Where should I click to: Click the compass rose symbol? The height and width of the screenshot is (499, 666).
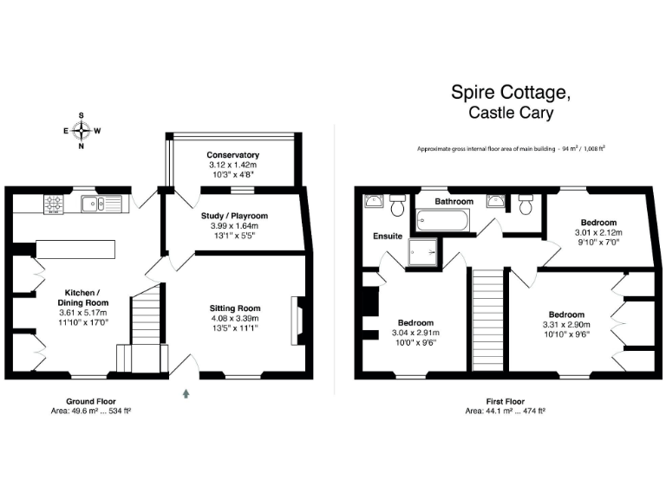82,131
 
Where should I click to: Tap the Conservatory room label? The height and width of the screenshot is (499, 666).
233,154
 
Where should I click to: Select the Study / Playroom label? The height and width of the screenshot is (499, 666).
235,216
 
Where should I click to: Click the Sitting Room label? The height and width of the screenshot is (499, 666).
234,308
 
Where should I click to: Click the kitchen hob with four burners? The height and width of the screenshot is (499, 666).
53,204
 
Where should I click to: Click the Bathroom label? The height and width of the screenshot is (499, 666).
454,201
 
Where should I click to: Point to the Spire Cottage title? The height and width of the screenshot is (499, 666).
511,92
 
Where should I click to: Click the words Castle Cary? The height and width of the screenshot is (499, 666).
511,113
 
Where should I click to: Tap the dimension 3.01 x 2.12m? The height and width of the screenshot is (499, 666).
599,232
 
